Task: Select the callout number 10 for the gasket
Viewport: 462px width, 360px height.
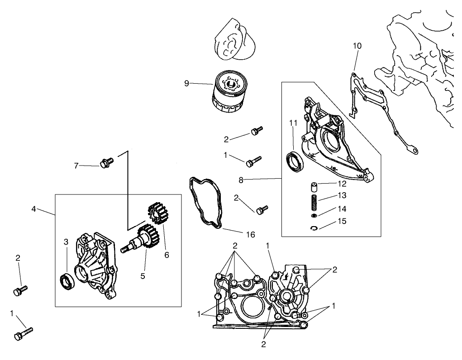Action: (x=357, y=46)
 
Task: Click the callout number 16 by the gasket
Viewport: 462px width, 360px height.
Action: (x=250, y=234)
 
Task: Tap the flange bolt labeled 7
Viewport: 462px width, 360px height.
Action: (x=107, y=163)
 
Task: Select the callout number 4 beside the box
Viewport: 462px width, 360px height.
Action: (x=34, y=209)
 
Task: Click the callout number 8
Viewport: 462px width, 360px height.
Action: (x=241, y=180)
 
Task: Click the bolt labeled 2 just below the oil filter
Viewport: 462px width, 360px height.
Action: (x=256, y=132)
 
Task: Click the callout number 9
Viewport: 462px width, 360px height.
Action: (x=186, y=83)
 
